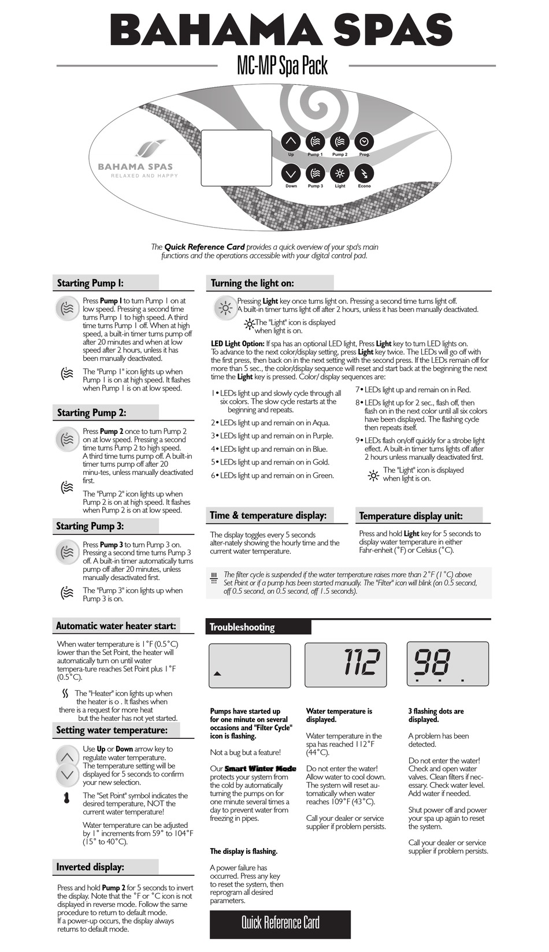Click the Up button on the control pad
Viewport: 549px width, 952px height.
(291, 141)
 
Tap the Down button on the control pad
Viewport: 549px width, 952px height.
(291, 173)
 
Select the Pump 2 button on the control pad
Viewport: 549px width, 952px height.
(340, 141)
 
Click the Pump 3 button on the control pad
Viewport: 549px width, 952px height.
(315, 173)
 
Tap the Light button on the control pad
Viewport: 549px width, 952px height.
(340, 173)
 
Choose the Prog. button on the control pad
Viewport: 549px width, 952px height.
(364, 141)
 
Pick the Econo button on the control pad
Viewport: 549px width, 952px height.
(364, 173)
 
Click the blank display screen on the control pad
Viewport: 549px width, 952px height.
(236, 158)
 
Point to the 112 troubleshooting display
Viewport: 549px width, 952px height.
(346, 664)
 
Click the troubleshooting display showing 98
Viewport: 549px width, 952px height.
(447, 664)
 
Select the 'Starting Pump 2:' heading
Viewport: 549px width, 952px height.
(91, 412)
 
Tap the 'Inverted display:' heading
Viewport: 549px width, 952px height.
(90, 867)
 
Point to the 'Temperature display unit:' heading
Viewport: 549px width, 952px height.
(411, 516)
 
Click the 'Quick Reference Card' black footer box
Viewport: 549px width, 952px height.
(280, 923)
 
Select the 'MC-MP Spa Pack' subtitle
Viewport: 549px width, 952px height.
(282, 66)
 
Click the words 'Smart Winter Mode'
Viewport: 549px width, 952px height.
(260, 769)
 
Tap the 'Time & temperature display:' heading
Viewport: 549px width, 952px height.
(268, 515)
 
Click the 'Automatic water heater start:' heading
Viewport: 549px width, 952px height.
(116, 626)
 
